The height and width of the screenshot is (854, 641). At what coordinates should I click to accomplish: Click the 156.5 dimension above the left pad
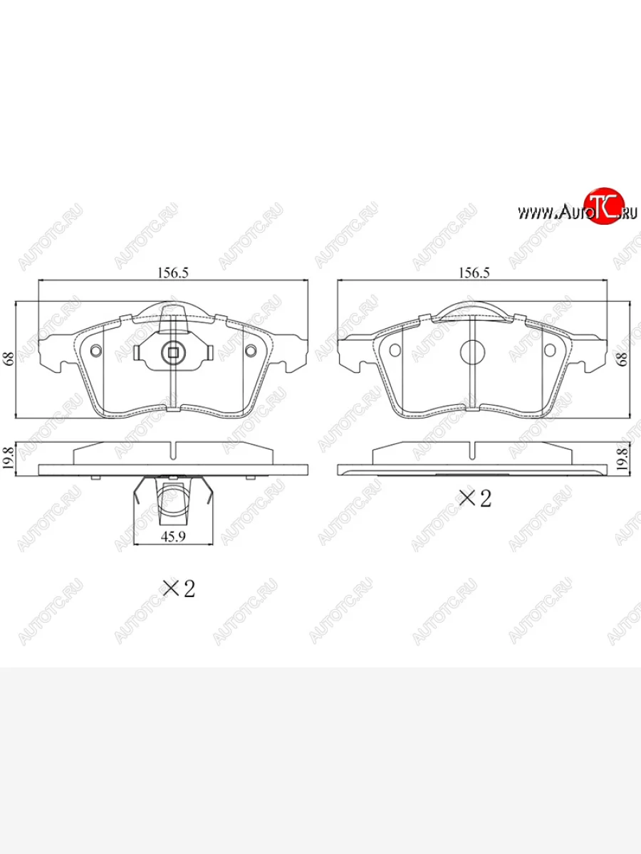pos(172,273)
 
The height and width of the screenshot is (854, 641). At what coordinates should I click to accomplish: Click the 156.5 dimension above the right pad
pos(474,273)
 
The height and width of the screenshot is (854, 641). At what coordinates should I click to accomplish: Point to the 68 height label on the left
pos(9,359)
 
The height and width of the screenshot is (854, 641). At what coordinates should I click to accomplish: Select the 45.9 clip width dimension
pos(173,537)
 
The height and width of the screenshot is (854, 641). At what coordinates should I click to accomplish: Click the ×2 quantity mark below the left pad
pos(179,589)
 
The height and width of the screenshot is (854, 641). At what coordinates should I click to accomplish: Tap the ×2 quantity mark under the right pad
pos(475,498)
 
